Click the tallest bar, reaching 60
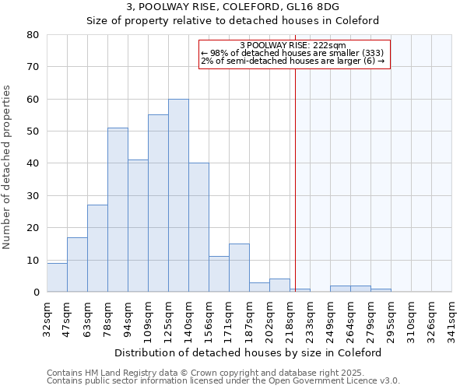click(178, 195)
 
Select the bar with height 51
click(118, 210)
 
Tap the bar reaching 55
click(158, 203)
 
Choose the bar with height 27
click(97, 248)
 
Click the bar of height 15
click(239, 268)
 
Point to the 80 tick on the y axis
click(33, 35)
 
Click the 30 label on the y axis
click(33, 195)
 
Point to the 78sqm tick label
click(108, 317)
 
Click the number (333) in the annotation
click(372, 53)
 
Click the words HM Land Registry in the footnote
click(113, 373)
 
